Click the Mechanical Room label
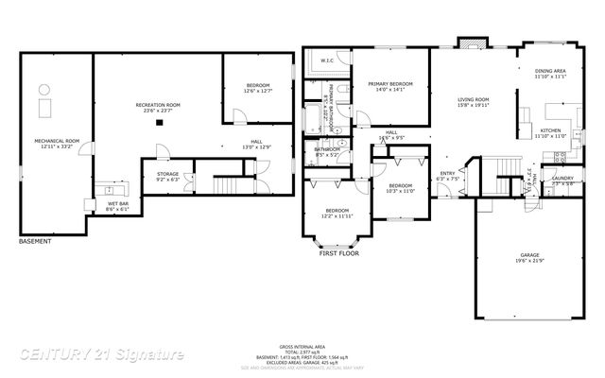point(57,144)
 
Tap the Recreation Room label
point(158,107)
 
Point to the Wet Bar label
point(118,204)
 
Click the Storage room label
point(167,176)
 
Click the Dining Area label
point(550,74)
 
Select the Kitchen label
point(550,133)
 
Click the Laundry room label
point(563,180)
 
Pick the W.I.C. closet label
point(327,61)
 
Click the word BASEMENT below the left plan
point(36,241)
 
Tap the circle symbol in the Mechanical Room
point(43,89)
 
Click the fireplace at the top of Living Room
point(469,43)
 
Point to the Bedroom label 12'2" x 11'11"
point(337,213)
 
